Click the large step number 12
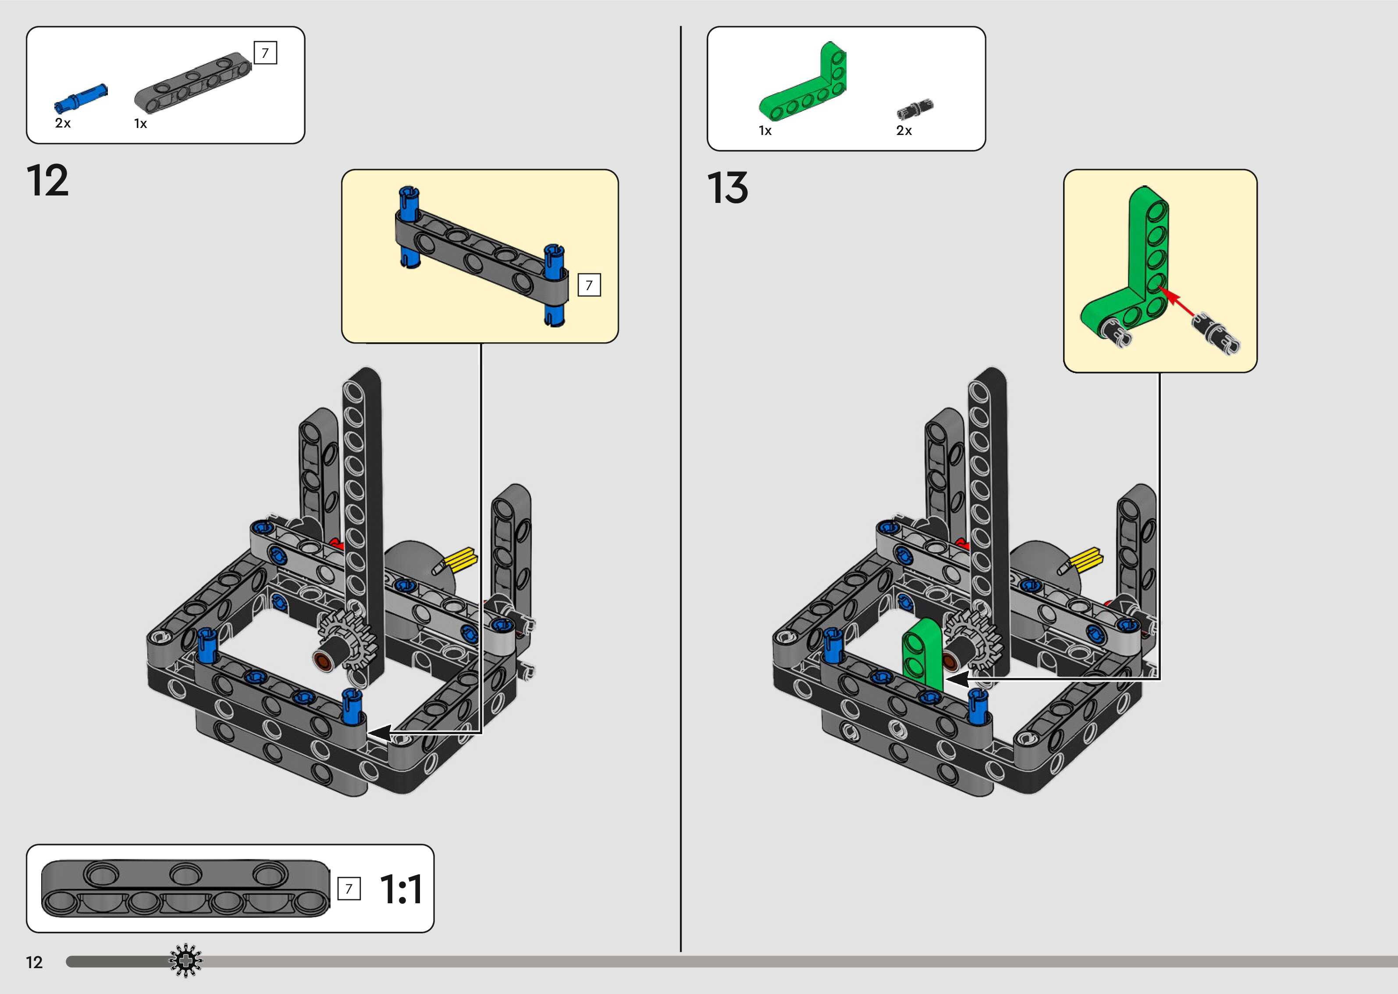pos(48,181)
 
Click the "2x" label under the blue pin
pos(63,123)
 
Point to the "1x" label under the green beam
pos(765,130)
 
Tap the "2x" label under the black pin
pos(904,130)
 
